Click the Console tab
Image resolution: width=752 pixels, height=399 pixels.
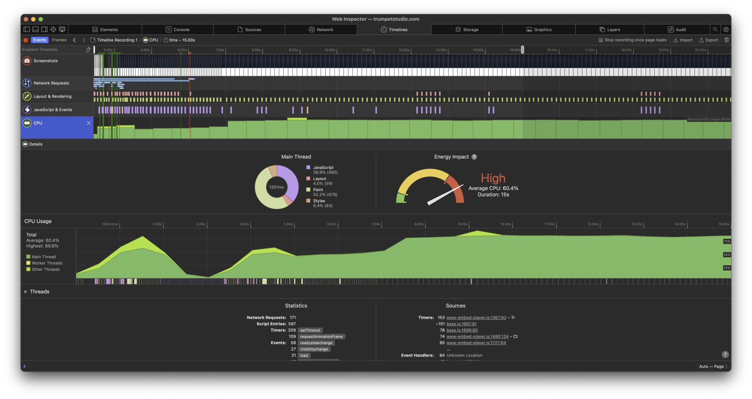pyautogui.click(x=178, y=30)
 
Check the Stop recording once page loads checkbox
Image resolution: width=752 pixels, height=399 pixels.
pyautogui.click(x=601, y=40)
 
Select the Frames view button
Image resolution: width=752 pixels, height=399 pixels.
pyautogui.click(x=59, y=40)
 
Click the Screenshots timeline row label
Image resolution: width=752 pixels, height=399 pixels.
pyautogui.click(x=45, y=61)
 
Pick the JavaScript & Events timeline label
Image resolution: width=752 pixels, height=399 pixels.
pyautogui.click(x=53, y=110)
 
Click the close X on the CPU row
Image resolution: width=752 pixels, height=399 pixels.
pyautogui.click(x=89, y=123)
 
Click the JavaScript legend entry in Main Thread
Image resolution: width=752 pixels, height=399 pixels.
pyautogui.click(x=323, y=168)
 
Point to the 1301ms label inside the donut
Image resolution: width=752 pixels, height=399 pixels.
pyautogui.click(x=276, y=187)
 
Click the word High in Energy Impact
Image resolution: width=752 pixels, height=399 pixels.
pyautogui.click(x=493, y=178)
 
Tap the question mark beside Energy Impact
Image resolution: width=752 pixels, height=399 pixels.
pyautogui.click(x=474, y=157)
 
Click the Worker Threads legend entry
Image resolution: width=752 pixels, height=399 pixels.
pyautogui.click(x=47, y=263)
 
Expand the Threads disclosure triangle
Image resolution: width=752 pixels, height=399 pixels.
pyautogui.click(x=26, y=292)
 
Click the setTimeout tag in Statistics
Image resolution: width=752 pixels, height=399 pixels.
pyautogui.click(x=310, y=331)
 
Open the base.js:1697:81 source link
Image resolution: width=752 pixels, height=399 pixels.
pyautogui.click(x=461, y=324)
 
